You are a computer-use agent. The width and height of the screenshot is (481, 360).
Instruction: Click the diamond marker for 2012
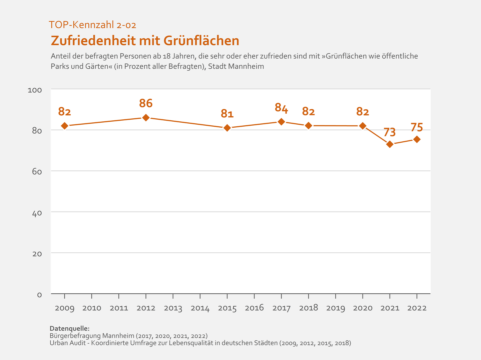pos(146,118)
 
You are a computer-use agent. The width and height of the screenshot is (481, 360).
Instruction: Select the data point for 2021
pos(390,144)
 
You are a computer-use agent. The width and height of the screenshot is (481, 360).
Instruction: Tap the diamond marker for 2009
pos(65,126)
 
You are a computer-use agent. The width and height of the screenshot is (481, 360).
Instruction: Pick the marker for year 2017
pos(281,122)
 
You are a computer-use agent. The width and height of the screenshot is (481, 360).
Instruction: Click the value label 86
pos(146,103)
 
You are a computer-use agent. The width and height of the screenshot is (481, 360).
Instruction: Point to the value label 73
pos(390,132)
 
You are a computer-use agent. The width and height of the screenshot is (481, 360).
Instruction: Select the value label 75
pos(417,127)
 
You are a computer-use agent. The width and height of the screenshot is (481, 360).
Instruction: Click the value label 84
pos(281,108)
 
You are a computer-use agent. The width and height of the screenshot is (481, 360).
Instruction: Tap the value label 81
pos(227,114)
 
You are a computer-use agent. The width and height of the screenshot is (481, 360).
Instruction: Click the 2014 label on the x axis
pos(200,308)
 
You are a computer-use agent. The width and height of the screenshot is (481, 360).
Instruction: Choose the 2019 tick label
pos(336,308)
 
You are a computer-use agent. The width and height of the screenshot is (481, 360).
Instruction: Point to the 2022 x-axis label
pos(417,308)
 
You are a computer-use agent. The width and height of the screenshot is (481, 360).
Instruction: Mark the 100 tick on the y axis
pos(35,90)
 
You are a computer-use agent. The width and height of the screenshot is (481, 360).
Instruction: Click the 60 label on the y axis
pos(37,172)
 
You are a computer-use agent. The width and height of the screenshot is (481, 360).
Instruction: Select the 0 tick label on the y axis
pos(39,295)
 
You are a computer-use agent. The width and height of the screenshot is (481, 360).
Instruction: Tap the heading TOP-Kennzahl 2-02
pos(92,25)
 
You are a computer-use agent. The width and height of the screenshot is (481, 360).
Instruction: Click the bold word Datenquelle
pos(69,328)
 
